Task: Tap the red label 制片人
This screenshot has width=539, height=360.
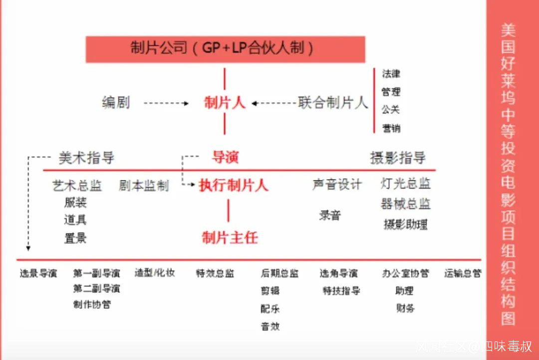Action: coord(225,103)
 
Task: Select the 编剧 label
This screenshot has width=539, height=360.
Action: coord(116,103)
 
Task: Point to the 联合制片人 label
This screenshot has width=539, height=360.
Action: coord(333,103)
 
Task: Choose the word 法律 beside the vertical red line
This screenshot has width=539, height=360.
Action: coord(391,74)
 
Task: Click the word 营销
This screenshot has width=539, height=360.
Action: coord(391,128)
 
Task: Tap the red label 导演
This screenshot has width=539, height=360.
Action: coord(225,158)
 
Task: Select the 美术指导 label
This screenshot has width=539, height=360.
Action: coord(86,158)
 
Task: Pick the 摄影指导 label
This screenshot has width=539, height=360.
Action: coord(398,158)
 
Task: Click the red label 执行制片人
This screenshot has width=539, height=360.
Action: coord(233,185)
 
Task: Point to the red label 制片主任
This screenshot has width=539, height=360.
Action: coord(230,238)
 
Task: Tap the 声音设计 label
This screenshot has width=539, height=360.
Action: coord(337,184)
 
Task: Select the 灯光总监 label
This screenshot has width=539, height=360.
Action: coord(405,184)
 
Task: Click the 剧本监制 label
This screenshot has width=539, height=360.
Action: coord(144,186)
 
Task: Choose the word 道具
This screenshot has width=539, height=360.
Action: coord(75,220)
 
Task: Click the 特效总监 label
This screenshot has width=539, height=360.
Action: coord(215,273)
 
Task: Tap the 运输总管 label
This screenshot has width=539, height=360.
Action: coord(463,273)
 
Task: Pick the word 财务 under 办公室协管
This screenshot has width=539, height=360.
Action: coord(405,308)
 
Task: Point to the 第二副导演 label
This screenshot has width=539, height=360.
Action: coord(96,289)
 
